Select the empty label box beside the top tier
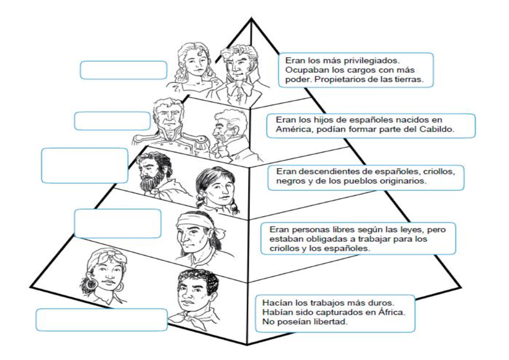tap(123, 70)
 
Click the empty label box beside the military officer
tap(112, 121)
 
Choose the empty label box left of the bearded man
tap(84, 165)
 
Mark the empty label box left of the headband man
tap(118, 223)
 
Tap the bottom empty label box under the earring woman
tap(101, 320)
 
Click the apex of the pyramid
tap(251, 19)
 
